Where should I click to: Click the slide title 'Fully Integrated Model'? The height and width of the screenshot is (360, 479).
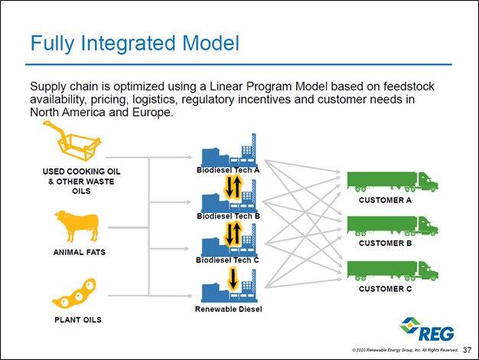pyautogui.click(x=132, y=43)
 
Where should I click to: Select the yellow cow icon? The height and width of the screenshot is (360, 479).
pyautogui.click(x=76, y=226)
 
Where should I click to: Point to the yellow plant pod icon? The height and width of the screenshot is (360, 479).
pyautogui.click(x=75, y=294)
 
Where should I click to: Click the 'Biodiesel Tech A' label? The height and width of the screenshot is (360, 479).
pyautogui.click(x=228, y=169)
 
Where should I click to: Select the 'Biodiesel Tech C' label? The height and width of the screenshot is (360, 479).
pyautogui.click(x=228, y=261)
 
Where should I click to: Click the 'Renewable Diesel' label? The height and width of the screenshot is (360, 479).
pyautogui.click(x=228, y=309)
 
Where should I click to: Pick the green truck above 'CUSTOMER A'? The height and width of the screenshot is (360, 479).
pyautogui.click(x=392, y=182)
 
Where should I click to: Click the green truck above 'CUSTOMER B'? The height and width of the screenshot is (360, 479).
pyautogui.click(x=392, y=226)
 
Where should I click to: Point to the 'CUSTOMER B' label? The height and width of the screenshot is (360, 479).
pyautogui.click(x=386, y=244)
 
